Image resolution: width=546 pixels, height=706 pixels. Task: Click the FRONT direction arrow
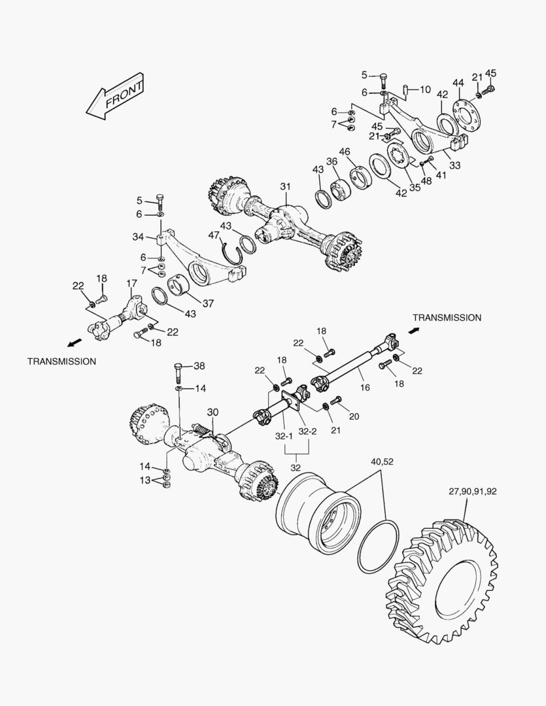click(x=116, y=97)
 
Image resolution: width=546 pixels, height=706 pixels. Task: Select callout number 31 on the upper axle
click(x=285, y=188)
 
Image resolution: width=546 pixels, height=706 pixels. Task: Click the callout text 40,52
click(x=383, y=462)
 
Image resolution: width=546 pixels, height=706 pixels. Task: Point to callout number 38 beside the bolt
click(x=199, y=366)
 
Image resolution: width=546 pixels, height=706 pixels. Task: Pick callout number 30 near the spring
click(x=213, y=412)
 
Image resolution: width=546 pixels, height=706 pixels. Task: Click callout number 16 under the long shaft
click(x=365, y=388)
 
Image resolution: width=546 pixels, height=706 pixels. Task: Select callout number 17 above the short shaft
click(x=131, y=283)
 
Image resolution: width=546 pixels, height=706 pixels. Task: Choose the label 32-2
click(x=307, y=432)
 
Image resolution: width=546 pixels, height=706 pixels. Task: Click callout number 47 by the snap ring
click(x=214, y=235)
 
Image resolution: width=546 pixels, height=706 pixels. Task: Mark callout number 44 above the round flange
click(x=458, y=83)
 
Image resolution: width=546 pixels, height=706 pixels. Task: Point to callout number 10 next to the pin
click(x=425, y=89)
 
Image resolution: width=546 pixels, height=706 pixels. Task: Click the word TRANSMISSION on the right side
click(x=447, y=318)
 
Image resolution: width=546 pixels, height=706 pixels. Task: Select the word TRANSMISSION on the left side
click(x=61, y=361)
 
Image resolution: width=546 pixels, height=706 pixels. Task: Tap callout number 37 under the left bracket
click(x=208, y=303)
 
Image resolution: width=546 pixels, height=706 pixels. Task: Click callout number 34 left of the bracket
click(x=138, y=236)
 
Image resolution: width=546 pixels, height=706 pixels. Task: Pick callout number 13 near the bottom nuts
click(x=145, y=480)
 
